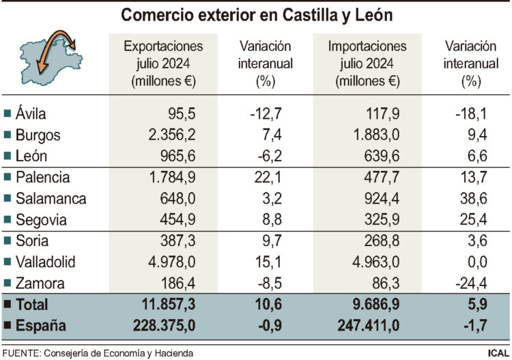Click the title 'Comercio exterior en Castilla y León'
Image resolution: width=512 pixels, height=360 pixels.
(256, 14)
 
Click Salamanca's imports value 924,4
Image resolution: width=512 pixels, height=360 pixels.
(378, 199)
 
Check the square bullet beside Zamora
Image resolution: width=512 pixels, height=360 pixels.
(8, 283)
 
